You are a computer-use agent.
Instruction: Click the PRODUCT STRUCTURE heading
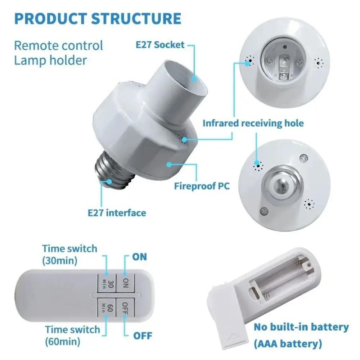(x=97, y=18)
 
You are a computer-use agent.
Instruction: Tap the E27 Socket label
(x=160, y=45)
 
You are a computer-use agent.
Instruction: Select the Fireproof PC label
(x=202, y=186)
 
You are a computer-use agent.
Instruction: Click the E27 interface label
(x=117, y=213)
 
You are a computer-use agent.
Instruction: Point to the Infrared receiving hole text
(x=253, y=123)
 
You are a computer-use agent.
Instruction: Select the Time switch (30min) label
(x=69, y=254)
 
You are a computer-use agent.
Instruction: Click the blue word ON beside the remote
(x=140, y=257)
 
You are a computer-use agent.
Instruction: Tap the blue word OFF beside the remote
(x=143, y=336)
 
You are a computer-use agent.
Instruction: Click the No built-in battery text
(x=301, y=327)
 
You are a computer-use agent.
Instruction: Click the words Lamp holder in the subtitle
(x=50, y=60)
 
